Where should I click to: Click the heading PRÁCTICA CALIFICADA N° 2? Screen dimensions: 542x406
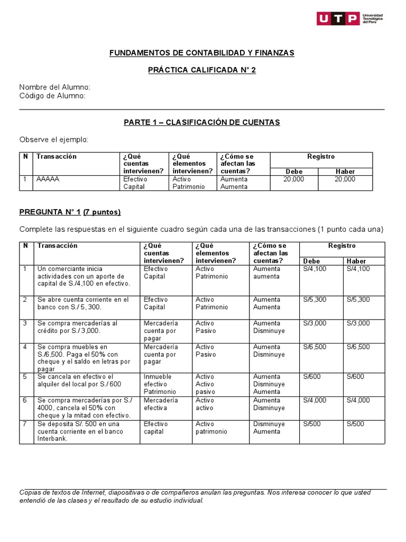(201, 70)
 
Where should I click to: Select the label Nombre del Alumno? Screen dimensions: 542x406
(54, 87)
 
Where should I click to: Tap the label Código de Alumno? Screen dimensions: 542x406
(52, 96)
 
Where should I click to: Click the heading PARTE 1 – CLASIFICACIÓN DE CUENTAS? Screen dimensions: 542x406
(201, 122)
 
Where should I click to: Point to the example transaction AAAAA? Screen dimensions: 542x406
(48, 179)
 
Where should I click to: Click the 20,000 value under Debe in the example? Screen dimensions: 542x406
(293, 179)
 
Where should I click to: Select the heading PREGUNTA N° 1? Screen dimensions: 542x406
(50, 212)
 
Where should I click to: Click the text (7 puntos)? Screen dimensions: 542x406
(102, 212)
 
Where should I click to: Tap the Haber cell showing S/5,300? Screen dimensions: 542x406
(358, 300)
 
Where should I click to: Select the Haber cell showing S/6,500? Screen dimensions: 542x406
(358, 347)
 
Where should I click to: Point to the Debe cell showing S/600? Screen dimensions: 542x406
(311, 377)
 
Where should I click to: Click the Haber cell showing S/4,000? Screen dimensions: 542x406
(358, 400)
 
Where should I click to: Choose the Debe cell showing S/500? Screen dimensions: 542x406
(311, 424)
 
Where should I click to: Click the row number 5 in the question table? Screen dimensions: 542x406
(24, 377)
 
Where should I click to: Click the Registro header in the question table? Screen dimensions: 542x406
(342, 246)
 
